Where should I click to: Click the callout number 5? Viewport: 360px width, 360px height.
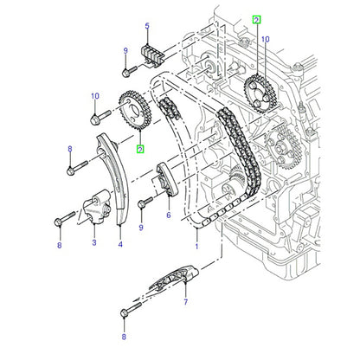[147, 26]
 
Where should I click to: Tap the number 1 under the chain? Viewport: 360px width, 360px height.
[196, 247]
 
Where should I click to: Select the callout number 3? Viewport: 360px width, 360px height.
[94, 242]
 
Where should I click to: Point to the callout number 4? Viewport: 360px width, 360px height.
[120, 244]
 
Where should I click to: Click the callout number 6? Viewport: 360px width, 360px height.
[169, 215]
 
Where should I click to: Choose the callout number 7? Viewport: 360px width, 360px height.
[186, 302]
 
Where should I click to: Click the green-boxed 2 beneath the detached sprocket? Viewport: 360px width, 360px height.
[140, 150]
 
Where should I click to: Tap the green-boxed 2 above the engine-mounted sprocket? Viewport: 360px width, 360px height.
[256, 20]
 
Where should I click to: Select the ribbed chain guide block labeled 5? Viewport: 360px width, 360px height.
[152, 55]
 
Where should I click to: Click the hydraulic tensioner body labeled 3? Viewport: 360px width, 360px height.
[97, 206]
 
